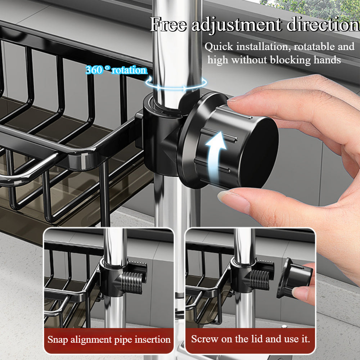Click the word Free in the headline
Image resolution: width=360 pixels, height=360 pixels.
point(168,24)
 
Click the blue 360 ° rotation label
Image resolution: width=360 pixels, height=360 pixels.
point(116,70)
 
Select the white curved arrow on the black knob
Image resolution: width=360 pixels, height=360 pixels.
point(216,157)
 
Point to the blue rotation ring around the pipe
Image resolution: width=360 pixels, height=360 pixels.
point(176,87)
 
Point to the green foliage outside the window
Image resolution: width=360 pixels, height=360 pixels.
point(310,8)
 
